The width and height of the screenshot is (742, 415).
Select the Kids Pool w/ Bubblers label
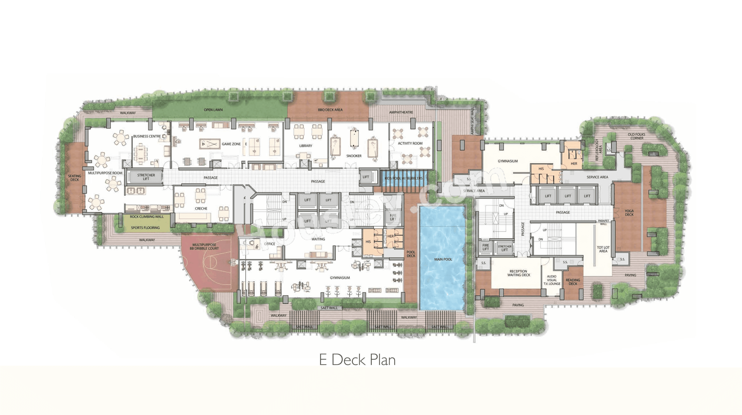pyautogui.click(x=403, y=178)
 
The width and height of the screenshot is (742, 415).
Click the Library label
pyautogui.click(x=306, y=146)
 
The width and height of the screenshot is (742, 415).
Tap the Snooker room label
pyautogui.click(x=354, y=156)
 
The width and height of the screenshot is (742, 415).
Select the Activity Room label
pyautogui.click(x=410, y=143)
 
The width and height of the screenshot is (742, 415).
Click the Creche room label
pyautogui.click(x=201, y=208)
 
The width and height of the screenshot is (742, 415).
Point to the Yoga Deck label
pyautogui.click(x=629, y=213)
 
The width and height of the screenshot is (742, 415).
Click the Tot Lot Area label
pyautogui.click(x=603, y=249)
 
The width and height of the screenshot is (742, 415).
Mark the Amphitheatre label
pyautogui.click(x=401, y=112)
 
